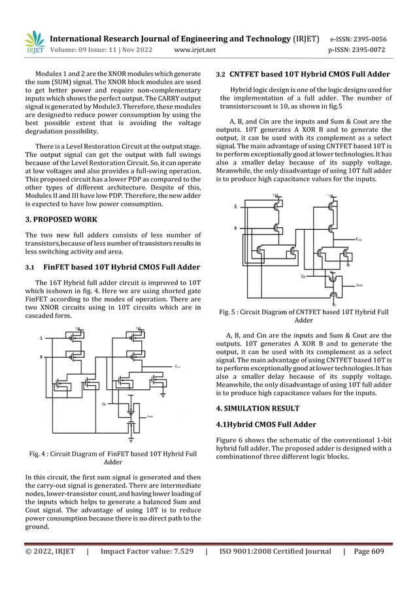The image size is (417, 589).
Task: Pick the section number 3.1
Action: point(30,267)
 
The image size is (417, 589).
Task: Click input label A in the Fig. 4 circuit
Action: point(41,338)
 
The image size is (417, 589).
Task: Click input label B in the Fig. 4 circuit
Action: point(41,357)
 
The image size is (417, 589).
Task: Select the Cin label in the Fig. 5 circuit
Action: point(302,276)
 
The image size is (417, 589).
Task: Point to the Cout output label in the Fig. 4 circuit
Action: point(178,366)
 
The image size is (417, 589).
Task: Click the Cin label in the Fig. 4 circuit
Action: point(105,405)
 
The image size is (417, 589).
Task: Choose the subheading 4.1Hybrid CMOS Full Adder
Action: point(267,424)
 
